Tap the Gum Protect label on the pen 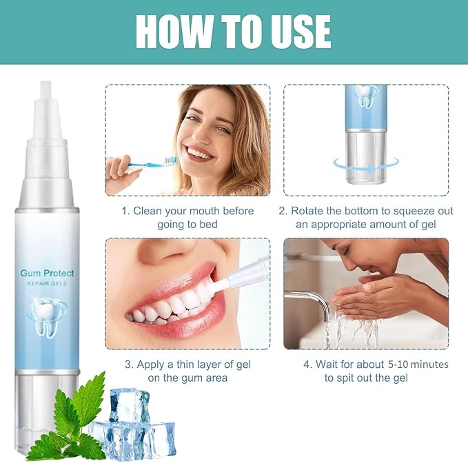coord(47,274)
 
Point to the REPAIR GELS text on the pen coord(47,283)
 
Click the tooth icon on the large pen coord(47,316)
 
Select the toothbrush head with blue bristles coord(170,161)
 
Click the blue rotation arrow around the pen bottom coord(366,165)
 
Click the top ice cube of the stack coord(129,405)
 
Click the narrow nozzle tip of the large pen coord(46,90)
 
